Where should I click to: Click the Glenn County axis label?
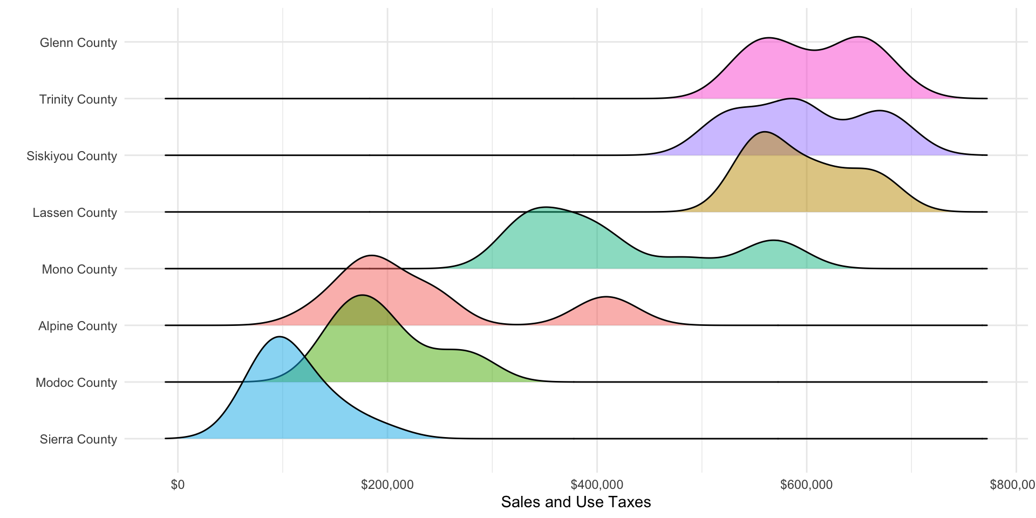78,43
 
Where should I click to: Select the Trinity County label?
78,99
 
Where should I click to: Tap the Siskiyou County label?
72,156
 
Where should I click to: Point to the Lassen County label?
74,213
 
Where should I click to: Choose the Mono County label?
79,269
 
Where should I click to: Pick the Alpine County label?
77,326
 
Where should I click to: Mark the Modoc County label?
76,383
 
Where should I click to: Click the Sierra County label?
78,439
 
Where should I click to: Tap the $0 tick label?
178,485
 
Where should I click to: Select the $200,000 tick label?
387,485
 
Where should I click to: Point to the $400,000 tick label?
597,485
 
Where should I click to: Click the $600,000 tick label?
806,485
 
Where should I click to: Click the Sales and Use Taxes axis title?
576,502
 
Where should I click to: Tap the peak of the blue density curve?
279,337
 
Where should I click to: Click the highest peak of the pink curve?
858,37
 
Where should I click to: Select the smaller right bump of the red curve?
606,297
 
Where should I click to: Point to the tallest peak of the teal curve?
546,207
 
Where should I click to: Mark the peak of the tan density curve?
764,132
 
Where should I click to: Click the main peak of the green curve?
362,295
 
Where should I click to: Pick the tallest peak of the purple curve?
792,99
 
